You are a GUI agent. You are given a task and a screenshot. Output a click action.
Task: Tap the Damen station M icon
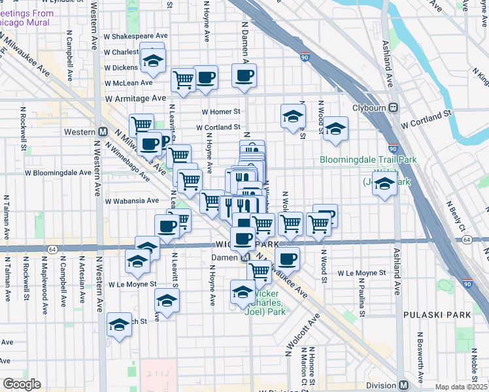coord(244,257)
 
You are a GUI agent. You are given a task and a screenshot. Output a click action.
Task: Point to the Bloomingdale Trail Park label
coord(368,159)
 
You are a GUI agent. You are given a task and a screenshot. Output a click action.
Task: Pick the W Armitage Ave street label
coord(136,97)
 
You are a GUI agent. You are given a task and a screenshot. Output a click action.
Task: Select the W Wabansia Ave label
coord(131,201)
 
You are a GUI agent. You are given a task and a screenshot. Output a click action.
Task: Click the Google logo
coord(22,384)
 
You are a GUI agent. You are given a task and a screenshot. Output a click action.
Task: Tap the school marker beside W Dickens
coord(153,60)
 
